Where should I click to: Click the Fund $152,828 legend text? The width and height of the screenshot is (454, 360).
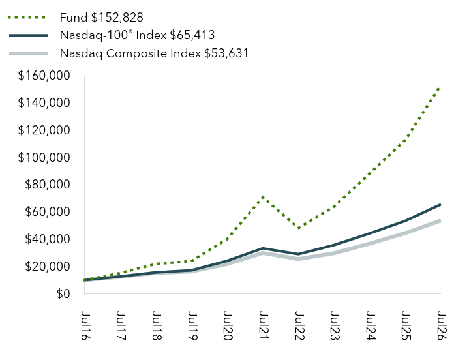101,18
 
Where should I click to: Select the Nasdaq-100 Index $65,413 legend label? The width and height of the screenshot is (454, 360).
137,35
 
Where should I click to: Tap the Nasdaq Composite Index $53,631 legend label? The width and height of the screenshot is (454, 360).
154,53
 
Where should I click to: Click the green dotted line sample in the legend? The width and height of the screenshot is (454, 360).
27,18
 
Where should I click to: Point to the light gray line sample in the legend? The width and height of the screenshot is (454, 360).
29,53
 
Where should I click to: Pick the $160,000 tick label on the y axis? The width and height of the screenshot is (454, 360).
44,76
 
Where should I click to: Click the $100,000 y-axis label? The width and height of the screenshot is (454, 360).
44,157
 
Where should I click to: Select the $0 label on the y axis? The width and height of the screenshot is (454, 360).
63,293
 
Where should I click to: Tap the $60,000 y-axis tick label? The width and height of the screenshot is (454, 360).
48,211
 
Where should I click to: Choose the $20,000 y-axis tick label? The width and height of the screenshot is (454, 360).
48,266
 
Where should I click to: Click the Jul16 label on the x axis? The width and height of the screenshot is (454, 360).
85,325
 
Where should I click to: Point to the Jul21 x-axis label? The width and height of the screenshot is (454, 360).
264,325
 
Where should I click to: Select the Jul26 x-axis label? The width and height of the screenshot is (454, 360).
442,325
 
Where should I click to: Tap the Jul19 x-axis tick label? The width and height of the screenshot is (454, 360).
192,325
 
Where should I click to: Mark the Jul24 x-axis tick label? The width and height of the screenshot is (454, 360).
371,325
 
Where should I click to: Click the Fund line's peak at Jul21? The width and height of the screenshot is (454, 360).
263,197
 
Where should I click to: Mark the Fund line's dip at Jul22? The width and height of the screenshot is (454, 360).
298,228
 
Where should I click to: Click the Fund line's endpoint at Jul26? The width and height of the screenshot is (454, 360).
440,87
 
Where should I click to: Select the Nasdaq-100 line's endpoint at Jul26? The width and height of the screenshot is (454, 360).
440,205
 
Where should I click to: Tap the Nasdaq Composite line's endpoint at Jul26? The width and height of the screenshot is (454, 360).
440,221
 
